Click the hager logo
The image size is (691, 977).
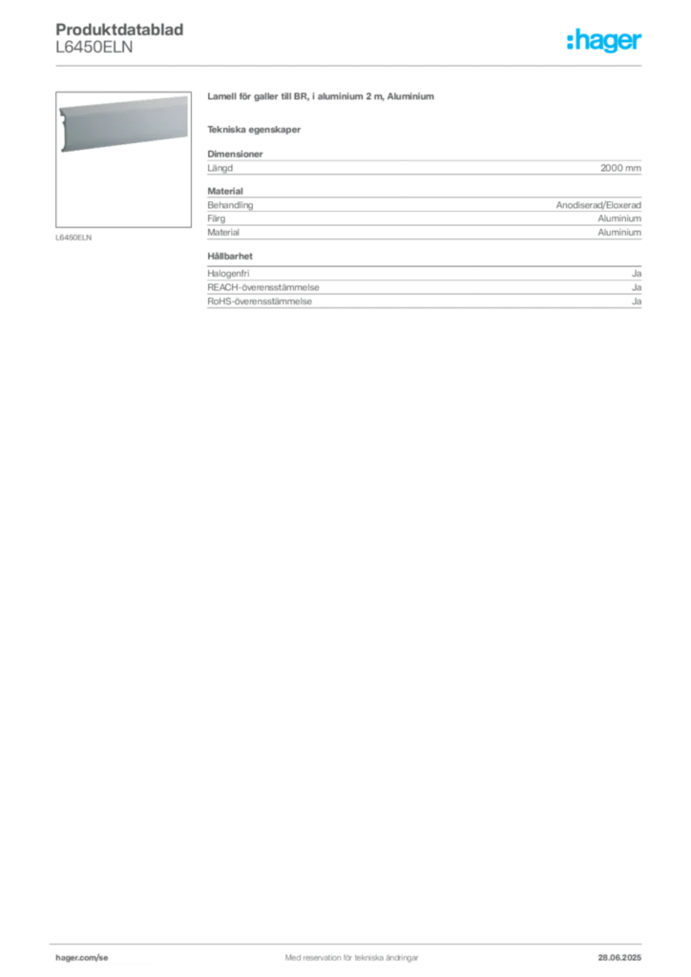(604, 40)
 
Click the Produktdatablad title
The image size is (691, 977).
(119, 30)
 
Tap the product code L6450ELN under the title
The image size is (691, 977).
(94, 48)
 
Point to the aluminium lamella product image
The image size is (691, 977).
(123, 124)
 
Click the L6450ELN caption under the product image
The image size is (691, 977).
(73, 238)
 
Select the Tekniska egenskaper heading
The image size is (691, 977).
(254, 130)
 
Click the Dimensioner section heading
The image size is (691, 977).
(235, 154)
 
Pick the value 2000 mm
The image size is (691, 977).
(620, 168)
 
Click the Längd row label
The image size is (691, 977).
(220, 168)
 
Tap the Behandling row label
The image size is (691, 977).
(231, 205)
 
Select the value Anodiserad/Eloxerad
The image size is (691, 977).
(598, 205)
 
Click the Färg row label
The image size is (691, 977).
(217, 218)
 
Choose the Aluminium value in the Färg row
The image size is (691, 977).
(619, 218)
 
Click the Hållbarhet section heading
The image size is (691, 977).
(230, 256)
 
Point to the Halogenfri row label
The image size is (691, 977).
(228, 274)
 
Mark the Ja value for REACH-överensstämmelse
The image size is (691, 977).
(637, 287)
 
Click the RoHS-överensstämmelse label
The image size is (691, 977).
(260, 301)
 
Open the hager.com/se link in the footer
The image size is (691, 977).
(82, 958)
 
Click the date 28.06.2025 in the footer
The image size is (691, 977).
(619, 958)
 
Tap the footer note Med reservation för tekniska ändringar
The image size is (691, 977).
(351, 958)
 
